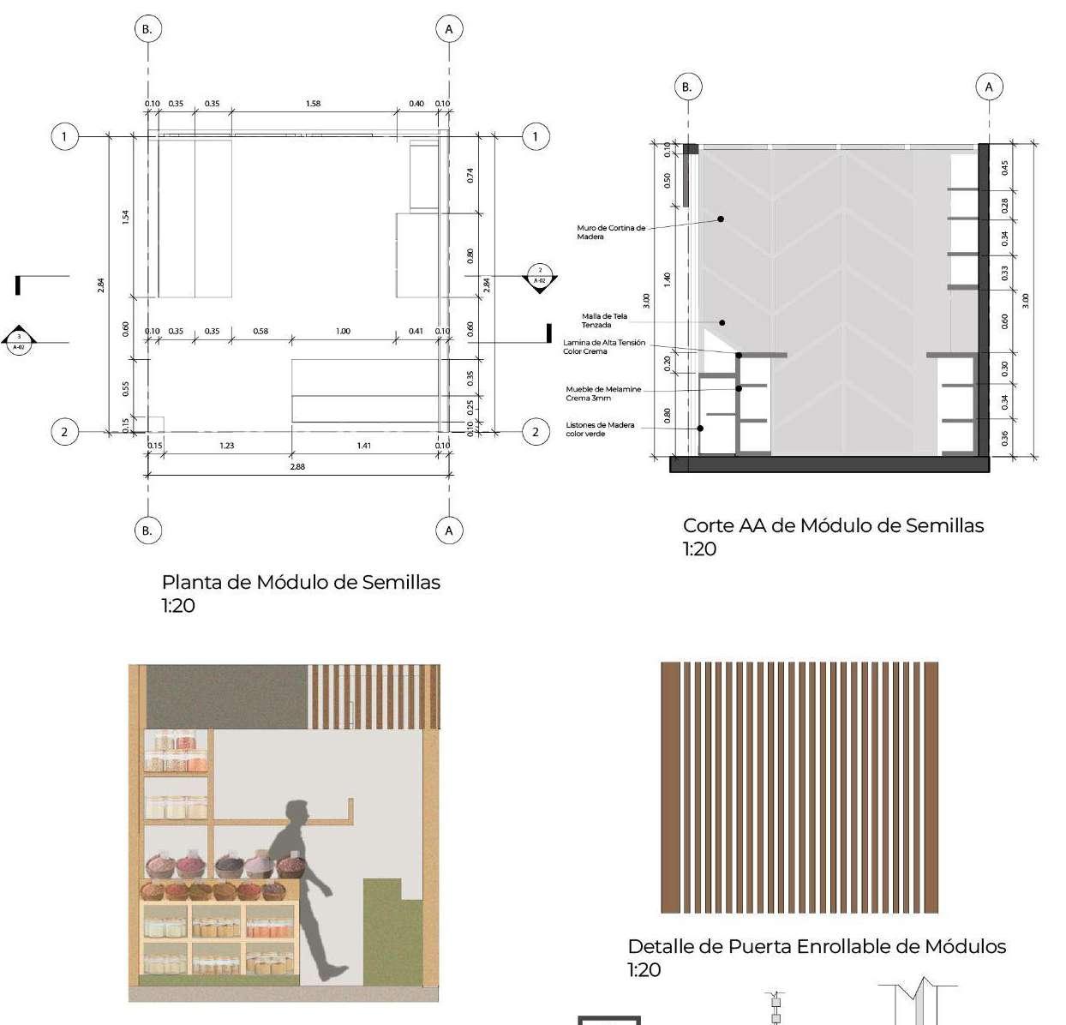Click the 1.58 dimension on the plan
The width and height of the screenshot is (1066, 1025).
313,104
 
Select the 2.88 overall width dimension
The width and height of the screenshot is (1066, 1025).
297,467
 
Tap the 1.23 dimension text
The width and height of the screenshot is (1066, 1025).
226,446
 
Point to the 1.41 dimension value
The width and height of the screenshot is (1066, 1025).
364,446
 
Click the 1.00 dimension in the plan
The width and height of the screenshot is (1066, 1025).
343,331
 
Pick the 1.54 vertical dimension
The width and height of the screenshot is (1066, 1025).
125,218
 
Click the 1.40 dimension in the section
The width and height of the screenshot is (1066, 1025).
668,279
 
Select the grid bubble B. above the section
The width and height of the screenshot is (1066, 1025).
686,87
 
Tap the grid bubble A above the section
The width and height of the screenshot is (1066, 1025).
989,87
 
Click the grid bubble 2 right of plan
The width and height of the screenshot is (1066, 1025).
536,431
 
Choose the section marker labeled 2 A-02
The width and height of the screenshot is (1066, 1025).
539,277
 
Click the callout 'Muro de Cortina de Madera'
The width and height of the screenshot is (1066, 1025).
611,232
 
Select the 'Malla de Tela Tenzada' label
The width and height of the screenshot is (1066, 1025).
604,321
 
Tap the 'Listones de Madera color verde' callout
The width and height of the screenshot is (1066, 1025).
600,429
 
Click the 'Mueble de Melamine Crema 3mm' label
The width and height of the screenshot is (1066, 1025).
603,393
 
